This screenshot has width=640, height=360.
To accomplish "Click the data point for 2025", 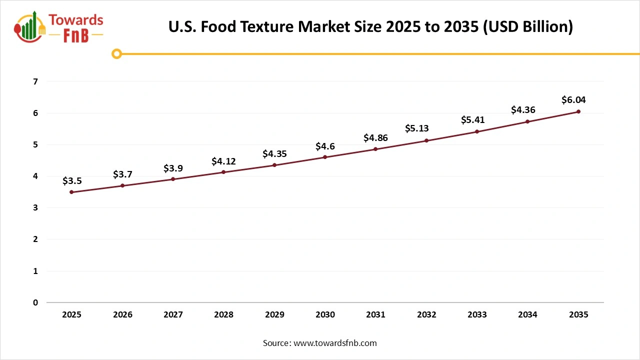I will pos(71,192).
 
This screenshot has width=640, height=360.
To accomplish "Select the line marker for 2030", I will pos(325,157).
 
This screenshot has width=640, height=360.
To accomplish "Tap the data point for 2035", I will pos(578,111).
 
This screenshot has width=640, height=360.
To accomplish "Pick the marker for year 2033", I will pos(477,131).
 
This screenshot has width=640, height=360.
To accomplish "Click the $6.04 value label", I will pos(573,100).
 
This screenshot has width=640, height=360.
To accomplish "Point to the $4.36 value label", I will pos(523,110).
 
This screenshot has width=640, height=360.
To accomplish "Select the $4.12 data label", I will pos(223,161).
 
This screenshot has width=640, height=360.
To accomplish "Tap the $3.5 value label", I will pos(71,181).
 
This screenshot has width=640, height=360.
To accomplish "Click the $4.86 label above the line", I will pos(375,138).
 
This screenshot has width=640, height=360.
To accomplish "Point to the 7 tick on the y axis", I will pos(35,81).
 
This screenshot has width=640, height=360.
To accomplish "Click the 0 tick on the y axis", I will pos(35,302).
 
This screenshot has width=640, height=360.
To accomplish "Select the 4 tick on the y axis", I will pos(35,176).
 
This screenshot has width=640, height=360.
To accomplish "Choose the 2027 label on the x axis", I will pos(173,315).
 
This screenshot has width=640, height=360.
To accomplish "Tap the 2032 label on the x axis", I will pos(426,315).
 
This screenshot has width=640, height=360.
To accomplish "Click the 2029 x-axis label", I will pos(274,315).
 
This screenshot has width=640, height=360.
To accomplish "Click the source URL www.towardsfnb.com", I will pos(334,343).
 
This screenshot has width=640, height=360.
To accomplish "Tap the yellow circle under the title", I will pos(116,53).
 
